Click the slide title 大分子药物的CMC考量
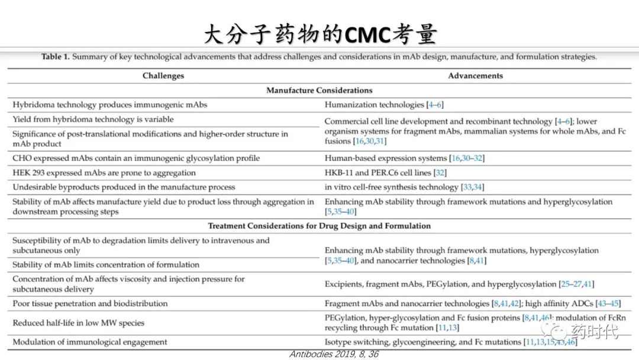[319, 34]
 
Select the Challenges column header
[163, 76]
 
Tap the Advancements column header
[475, 76]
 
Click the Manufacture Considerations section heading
[319, 91]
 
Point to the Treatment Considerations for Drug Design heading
[319, 226]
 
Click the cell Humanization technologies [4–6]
[384, 105]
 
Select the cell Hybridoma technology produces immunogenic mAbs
[110, 105]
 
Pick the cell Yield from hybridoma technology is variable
[93, 119]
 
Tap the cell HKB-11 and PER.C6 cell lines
[385, 173]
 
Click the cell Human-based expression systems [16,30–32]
[405, 158]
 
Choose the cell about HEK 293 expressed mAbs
[104, 173]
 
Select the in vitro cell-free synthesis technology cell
[404, 187]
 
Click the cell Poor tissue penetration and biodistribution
[90, 304]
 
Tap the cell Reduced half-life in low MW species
[79, 323]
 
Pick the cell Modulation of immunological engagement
[90, 342]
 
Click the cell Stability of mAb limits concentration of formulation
[106, 265]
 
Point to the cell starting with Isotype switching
[450, 342]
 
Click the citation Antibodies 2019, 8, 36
[334, 354]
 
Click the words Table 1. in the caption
[55, 57]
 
